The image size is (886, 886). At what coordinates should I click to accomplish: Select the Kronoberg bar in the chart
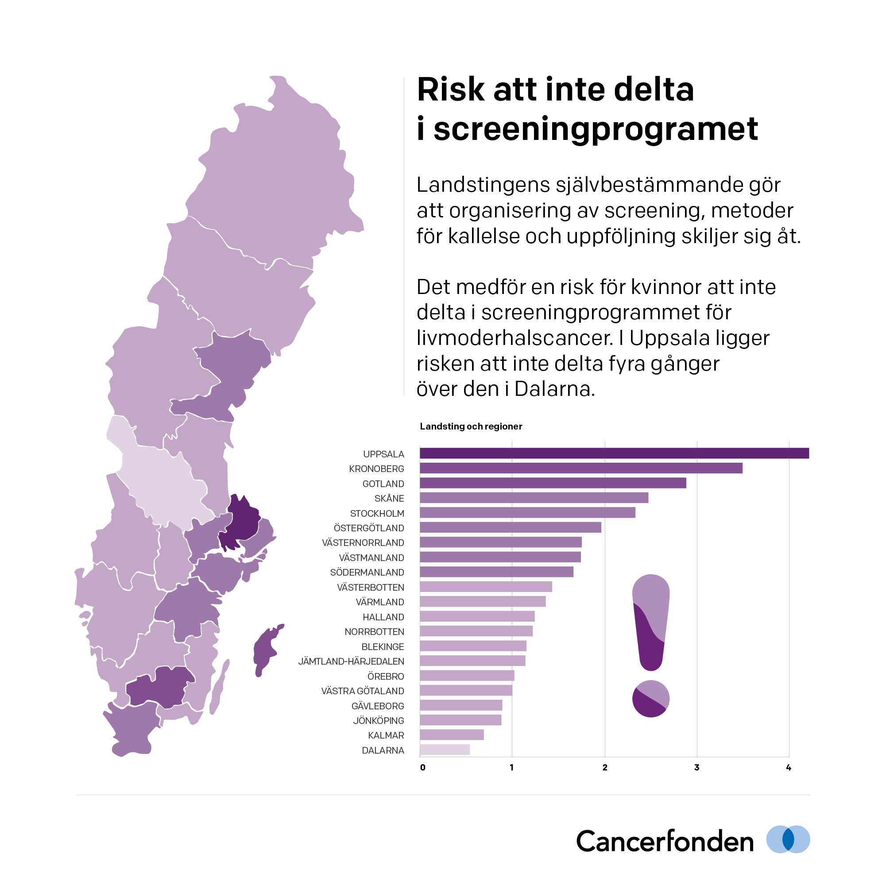click(580, 468)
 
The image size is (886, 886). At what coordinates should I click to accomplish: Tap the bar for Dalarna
click(445, 750)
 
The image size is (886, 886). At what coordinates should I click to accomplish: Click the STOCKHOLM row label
click(377, 513)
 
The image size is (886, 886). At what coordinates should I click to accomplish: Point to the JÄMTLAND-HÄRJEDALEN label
click(351, 662)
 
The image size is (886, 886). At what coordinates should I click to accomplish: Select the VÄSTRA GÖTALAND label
click(362, 691)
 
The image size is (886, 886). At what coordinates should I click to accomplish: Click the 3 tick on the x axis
click(696, 768)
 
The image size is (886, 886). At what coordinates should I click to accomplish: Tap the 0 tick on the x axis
click(422, 768)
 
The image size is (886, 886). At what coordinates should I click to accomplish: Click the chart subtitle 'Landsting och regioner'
click(471, 426)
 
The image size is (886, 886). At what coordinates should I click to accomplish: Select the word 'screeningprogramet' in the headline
click(596, 129)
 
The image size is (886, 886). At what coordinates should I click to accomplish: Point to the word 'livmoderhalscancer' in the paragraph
click(515, 338)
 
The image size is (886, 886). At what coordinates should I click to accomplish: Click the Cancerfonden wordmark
click(665, 842)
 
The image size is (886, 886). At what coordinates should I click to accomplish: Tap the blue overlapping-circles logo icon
click(788, 839)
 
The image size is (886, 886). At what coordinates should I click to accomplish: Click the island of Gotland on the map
click(265, 647)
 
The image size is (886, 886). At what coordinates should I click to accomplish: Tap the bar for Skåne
click(534, 498)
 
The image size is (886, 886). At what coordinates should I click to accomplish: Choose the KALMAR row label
click(386, 735)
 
